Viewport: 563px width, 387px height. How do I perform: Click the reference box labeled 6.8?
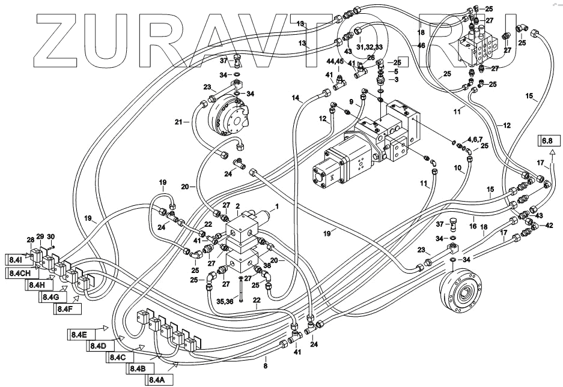coord(547,142)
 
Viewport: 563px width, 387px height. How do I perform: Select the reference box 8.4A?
coord(156,379)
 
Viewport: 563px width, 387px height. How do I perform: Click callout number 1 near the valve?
coord(278,207)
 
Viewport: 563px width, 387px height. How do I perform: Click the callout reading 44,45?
coord(335,62)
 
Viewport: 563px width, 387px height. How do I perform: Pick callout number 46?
coord(421,45)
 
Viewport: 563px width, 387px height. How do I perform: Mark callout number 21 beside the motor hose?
coord(178,122)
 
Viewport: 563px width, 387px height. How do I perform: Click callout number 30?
coord(50,236)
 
